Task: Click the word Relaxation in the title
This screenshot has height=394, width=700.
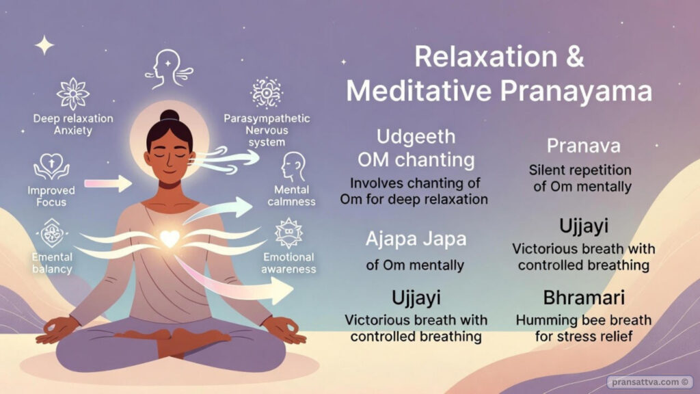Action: [x=486, y=57]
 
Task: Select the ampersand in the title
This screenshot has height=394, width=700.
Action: [x=574, y=57]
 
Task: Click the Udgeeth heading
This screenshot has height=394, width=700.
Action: [x=416, y=137]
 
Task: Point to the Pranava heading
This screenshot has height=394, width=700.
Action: [x=584, y=146]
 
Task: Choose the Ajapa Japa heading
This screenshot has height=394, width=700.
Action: [x=416, y=239]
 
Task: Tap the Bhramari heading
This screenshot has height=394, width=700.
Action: [x=584, y=298]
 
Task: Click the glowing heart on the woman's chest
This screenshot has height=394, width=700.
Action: [x=170, y=239]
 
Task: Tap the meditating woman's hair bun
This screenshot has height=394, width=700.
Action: [x=170, y=116]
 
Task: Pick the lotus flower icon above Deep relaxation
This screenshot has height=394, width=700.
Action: [x=72, y=94]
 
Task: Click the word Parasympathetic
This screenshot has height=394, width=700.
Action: [x=267, y=119]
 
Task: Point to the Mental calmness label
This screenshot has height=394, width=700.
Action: [x=291, y=196]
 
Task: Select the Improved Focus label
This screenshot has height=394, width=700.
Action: [x=51, y=196]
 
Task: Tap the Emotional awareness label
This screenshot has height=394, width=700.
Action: [x=288, y=263]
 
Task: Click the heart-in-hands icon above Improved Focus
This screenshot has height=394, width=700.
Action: [x=51, y=166]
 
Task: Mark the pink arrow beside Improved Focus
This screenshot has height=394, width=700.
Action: [x=108, y=183]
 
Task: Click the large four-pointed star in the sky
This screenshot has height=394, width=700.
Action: [x=44, y=46]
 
